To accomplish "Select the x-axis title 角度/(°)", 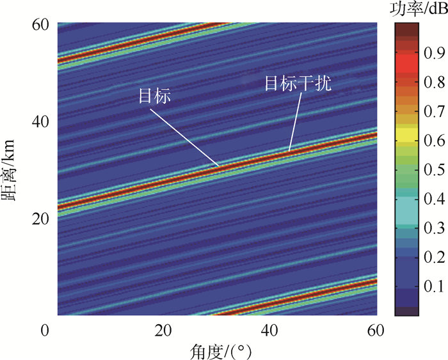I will click(x=218, y=350).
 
